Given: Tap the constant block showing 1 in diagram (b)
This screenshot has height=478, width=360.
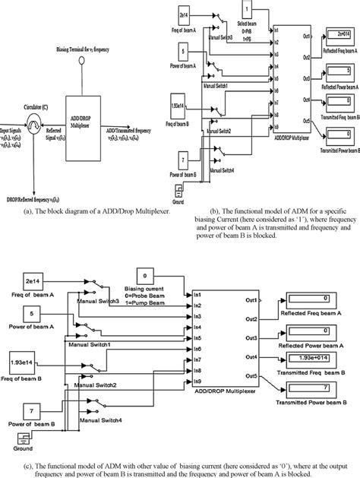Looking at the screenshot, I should [248, 10].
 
